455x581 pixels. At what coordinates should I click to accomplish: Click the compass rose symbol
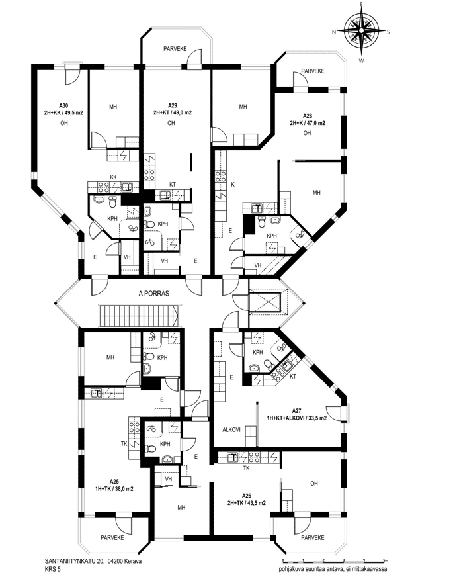click(x=361, y=32)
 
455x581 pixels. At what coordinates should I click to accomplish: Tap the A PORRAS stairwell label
click(x=153, y=293)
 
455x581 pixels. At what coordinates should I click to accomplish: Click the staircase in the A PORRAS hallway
click(x=139, y=316)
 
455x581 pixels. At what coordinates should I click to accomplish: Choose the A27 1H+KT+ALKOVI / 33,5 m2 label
click(x=297, y=415)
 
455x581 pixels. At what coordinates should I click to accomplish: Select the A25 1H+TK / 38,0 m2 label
click(x=114, y=485)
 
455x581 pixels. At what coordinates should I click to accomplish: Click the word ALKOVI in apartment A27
click(x=231, y=430)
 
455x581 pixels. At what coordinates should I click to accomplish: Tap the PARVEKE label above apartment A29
click(x=175, y=49)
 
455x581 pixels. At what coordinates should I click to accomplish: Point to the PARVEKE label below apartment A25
click(x=112, y=537)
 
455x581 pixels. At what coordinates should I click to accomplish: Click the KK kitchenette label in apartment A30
click(x=113, y=177)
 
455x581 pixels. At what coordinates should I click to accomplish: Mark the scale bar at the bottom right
click(x=334, y=560)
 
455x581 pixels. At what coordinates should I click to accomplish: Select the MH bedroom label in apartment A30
click(x=113, y=107)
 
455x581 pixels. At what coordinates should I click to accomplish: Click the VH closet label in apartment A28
click(x=258, y=265)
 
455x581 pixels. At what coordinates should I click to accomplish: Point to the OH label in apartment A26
click(x=314, y=483)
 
